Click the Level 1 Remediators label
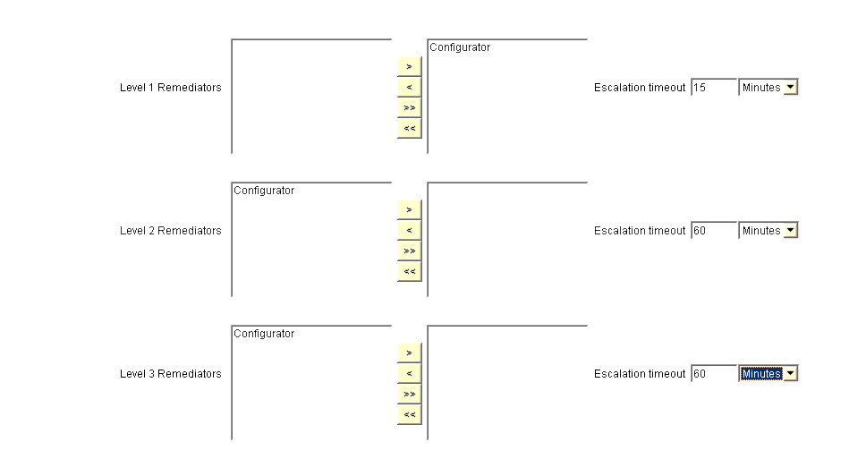(171, 88)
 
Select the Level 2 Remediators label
(171, 231)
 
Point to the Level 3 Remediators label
(171, 374)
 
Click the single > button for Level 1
(410, 66)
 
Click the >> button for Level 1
(410, 107)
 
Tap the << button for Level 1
(410, 128)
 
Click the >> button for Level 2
(410, 251)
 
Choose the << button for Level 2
(410, 272)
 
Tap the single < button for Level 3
(410, 373)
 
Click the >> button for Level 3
(410, 394)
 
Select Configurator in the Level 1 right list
(460, 47)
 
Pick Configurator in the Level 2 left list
(264, 191)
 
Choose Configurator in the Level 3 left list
(264, 334)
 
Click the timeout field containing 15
(714, 87)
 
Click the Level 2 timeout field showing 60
(714, 231)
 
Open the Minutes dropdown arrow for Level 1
(791, 87)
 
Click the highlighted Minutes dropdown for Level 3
(768, 373)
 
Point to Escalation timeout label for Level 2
(640, 231)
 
